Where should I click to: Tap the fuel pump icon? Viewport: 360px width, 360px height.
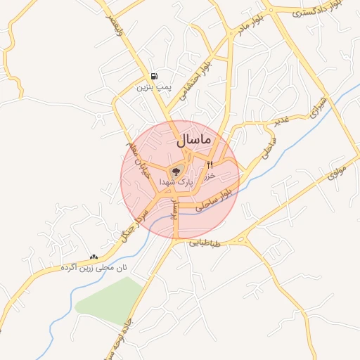pyautogui.click(x=154, y=76)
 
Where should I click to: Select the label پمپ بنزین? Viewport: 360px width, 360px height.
pyautogui.click(x=154, y=87)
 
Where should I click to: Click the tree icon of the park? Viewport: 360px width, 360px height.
pyautogui.click(x=176, y=170)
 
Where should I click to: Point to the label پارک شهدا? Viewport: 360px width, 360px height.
pyautogui.click(x=176, y=181)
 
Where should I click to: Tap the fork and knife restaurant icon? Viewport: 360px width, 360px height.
pyautogui.click(x=210, y=165)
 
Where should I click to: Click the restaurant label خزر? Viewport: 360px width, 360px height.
pyautogui.click(x=209, y=176)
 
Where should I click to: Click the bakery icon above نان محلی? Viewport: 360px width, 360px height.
pyautogui.click(x=94, y=257)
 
